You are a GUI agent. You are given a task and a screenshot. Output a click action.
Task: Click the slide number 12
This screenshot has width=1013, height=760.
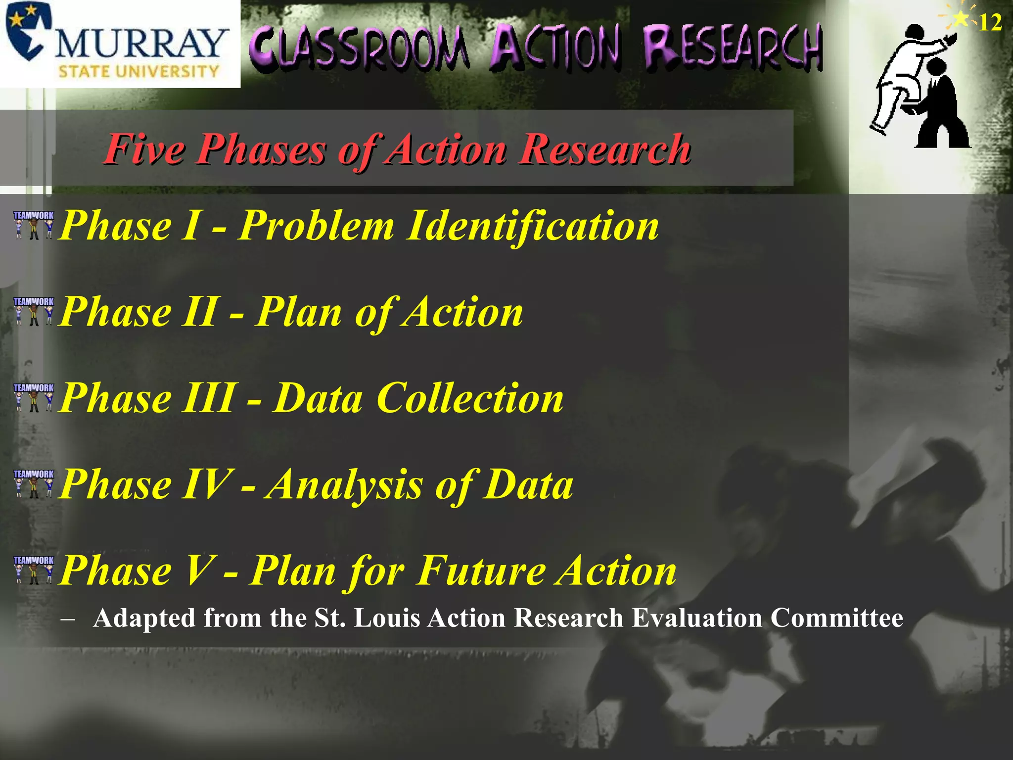990,23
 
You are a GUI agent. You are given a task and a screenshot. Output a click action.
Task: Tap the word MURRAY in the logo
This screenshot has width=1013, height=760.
141,44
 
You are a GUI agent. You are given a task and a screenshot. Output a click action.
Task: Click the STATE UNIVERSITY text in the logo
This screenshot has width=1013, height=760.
138,72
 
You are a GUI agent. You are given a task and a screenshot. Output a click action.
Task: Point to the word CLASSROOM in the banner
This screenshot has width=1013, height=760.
359,47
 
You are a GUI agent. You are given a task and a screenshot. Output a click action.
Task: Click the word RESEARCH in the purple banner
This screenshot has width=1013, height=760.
732,47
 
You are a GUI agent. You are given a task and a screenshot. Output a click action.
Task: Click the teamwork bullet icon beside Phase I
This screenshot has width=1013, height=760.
34,225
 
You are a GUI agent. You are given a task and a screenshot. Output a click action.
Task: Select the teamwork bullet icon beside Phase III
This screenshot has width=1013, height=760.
34,397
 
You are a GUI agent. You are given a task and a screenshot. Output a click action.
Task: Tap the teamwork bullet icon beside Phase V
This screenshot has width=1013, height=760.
34,570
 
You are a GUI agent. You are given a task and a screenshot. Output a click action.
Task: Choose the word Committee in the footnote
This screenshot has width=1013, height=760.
836,618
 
